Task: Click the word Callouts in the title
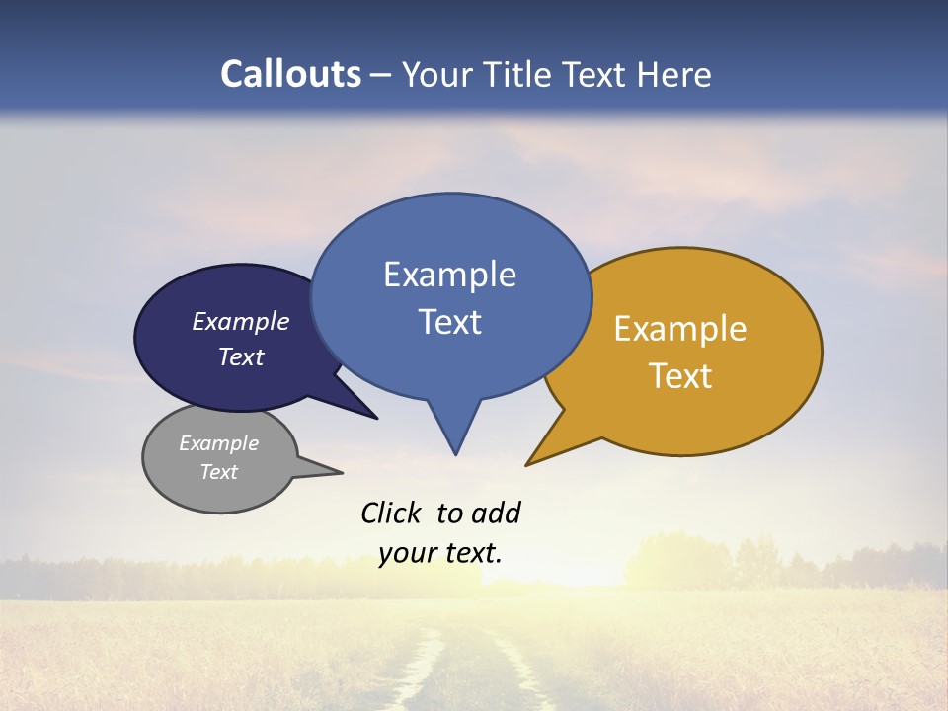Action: coord(290,74)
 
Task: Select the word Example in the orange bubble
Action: coord(680,329)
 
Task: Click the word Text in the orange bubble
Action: coord(680,376)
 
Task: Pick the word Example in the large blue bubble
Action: coord(449,275)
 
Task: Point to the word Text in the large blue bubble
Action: coord(450,322)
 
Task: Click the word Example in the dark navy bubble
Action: coord(241,322)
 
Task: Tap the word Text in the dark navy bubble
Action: coord(241,356)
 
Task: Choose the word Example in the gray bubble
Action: coord(218,443)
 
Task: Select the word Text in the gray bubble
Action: coord(218,472)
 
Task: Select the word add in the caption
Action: coord(495,513)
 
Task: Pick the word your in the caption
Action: coord(404,553)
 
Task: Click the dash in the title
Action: coord(381,75)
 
